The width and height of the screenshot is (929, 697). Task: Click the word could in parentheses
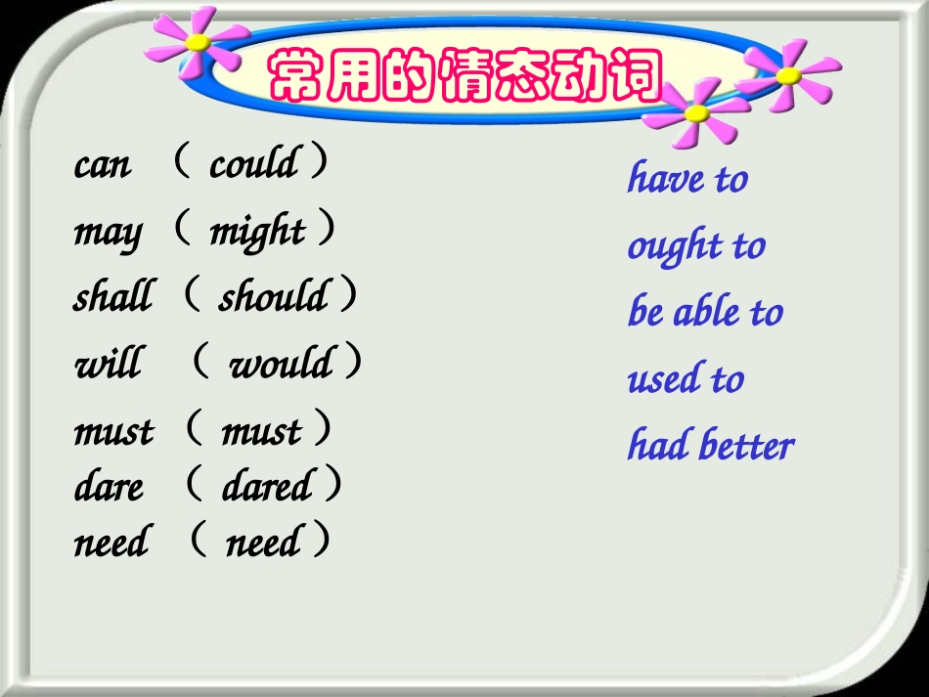tap(253, 163)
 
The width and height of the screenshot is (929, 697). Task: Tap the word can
tap(102, 165)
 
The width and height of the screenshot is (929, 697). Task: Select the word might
tap(257, 232)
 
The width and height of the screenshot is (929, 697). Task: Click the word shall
tap(112, 296)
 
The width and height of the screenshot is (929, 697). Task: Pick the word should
tap(273, 296)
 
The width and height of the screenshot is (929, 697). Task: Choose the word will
tap(108, 364)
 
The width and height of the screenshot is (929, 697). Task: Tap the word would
tap(281, 364)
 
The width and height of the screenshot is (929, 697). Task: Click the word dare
tap(109, 487)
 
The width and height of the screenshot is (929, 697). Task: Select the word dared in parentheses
tap(267, 486)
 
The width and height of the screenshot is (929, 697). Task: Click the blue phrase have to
tap(687, 179)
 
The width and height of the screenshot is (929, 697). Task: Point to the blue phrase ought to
tap(695, 246)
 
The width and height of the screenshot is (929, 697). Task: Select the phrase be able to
tap(705, 313)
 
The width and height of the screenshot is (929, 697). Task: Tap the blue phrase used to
tap(686, 379)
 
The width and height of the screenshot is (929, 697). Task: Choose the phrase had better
tap(710, 446)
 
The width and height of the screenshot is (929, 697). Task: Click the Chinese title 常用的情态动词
tap(465, 75)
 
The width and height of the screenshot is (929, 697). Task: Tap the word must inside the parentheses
tap(261, 431)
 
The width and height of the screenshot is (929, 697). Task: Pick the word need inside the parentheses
tap(263, 542)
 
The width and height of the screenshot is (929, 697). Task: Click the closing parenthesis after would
tap(353, 362)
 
